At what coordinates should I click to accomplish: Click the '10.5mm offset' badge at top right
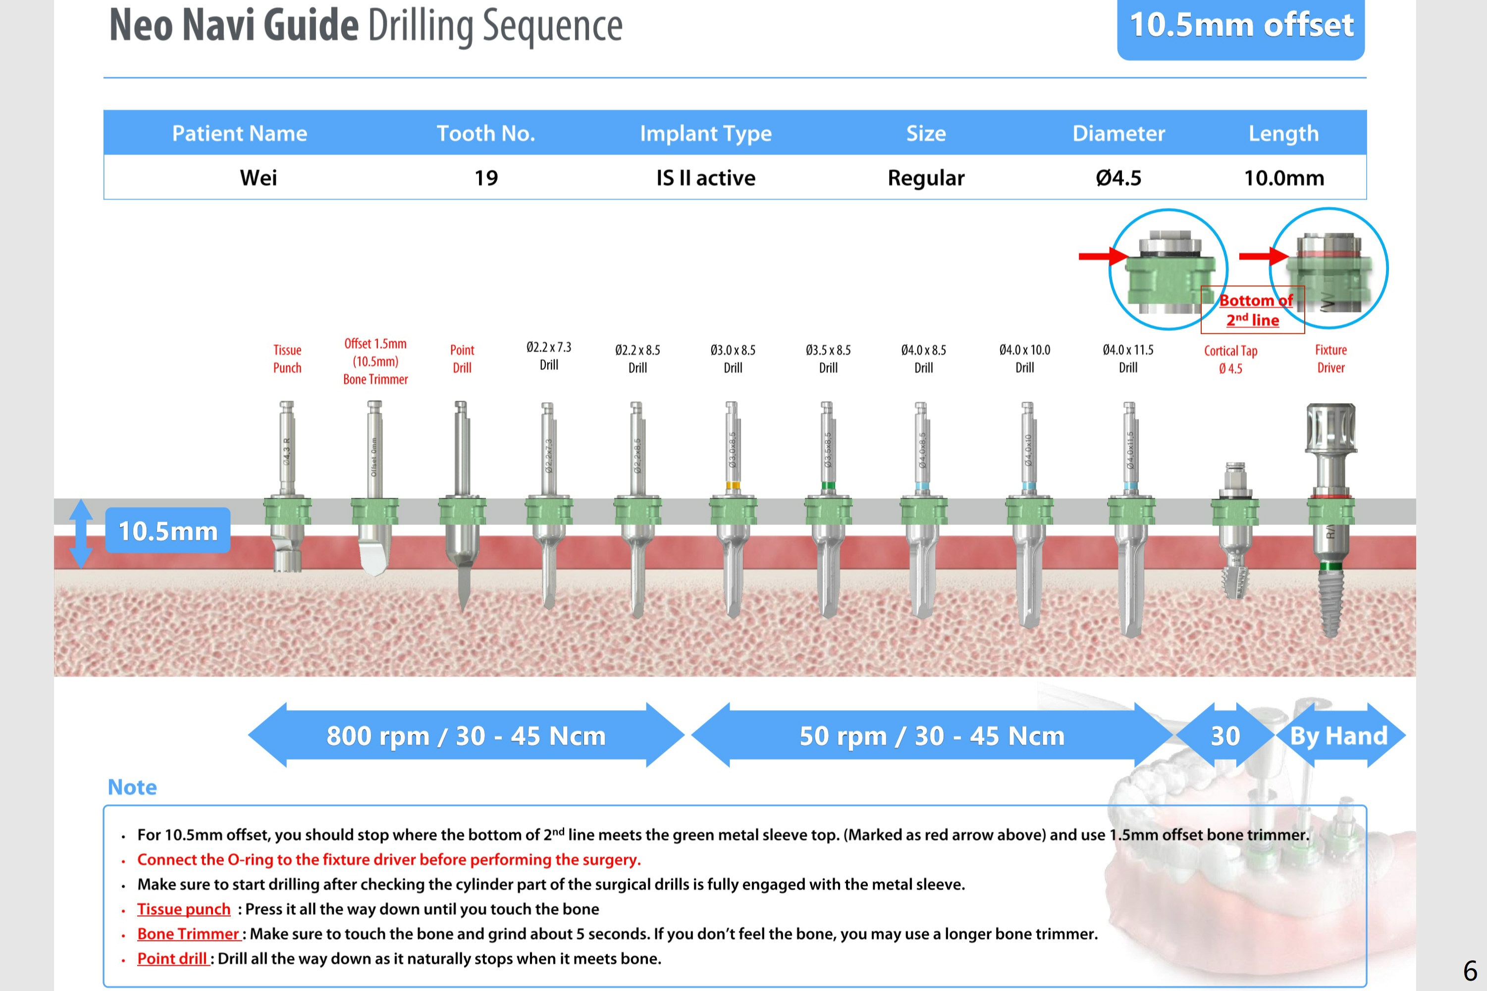click(1240, 27)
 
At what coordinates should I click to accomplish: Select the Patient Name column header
click(240, 133)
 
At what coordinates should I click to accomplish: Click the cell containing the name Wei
click(259, 178)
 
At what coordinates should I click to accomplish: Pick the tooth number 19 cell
click(486, 178)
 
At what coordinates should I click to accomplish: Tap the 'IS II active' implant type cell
click(705, 178)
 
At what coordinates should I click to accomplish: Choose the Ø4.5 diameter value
click(1118, 178)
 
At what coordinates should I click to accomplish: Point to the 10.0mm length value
click(1283, 178)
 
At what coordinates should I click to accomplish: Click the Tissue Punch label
click(287, 359)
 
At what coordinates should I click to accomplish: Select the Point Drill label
click(462, 359)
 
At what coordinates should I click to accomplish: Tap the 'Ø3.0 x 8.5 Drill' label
click(733, 359)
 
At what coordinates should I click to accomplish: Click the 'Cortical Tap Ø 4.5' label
click(1230, 359)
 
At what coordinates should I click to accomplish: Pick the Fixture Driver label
click(1330, 359)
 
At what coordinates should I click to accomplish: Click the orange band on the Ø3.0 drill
click(733, 485)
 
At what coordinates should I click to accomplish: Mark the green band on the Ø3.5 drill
click(828, 485)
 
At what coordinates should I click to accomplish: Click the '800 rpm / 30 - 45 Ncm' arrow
click(466, 735)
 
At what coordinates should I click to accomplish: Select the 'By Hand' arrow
click(1338, 735)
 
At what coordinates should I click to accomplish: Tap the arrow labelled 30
click(1225, 735)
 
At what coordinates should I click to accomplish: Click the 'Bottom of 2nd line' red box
click(1253, 310)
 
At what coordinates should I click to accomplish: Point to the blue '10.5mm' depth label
click(167, 531)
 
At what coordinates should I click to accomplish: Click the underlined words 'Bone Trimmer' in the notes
click(188, 934)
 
